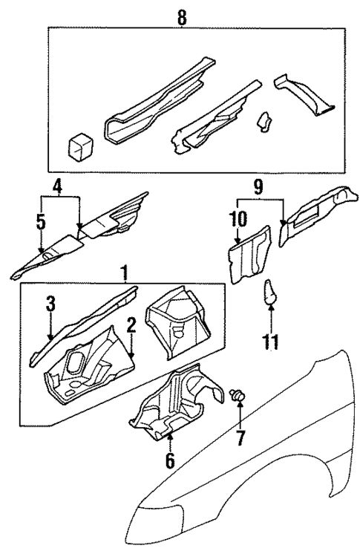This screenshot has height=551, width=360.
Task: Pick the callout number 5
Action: tap(40, 221)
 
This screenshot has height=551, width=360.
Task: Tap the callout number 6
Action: tap(170, 460)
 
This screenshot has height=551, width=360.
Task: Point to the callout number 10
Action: tap(238, 219)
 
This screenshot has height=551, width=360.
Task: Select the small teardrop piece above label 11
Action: tap(271, 291)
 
